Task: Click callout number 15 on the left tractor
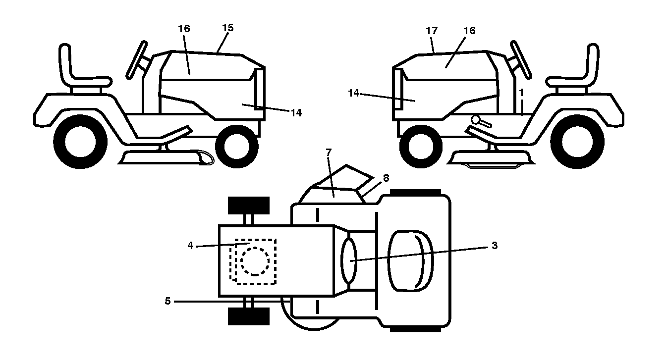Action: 228,28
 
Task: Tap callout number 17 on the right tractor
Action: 432,31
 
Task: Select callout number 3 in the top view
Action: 495,246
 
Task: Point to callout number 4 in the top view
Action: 190,246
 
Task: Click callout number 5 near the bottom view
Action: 167,301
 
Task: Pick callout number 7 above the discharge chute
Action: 328,153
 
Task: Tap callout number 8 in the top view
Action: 386,178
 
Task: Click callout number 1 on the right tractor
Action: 521,93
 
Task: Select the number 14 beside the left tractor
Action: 296,113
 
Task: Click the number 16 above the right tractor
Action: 469,31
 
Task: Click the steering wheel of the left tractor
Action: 137,60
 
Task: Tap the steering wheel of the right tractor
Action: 521,60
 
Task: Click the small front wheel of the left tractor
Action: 237,147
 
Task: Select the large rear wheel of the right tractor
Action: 577,142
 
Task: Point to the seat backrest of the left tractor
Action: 65,62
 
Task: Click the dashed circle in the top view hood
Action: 255,261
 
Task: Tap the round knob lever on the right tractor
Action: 481,121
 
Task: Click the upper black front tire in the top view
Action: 249,205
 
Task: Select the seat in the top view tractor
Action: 410,261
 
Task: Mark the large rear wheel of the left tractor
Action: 81,142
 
